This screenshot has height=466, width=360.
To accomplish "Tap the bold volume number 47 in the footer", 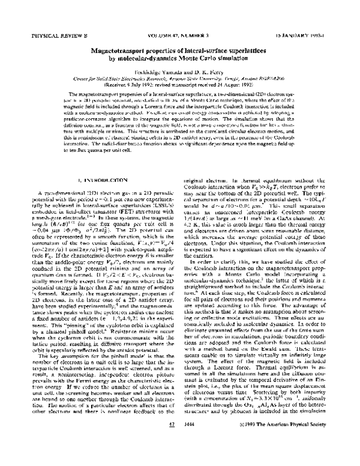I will (x=172, y=440).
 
